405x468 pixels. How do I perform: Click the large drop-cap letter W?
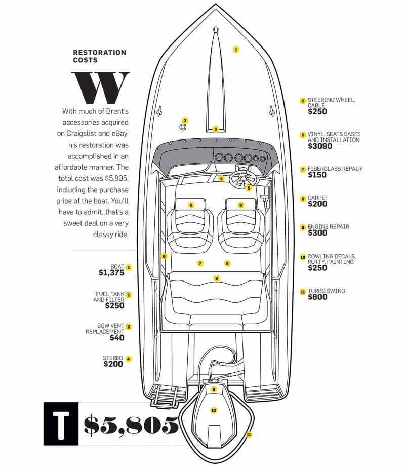[100, 87]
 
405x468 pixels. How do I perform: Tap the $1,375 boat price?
[111, 273]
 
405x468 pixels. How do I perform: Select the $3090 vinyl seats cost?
[320, 146]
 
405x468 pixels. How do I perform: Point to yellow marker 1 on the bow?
[236, 49]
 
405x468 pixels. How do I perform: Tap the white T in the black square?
[61, 424]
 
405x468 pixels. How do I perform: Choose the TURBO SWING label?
[326, 291]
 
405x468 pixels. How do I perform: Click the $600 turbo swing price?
[317, 297]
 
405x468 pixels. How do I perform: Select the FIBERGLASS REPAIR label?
[335, 169]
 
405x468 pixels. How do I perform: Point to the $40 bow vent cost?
[117, 338]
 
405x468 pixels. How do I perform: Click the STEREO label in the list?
[113, 358]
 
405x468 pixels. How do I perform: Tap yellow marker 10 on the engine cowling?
[214, 410]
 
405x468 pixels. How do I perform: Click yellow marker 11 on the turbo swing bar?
[249, 434]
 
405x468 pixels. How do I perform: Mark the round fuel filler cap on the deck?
[183, 127]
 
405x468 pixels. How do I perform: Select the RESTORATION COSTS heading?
[100, 56]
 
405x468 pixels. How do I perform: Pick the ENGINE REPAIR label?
[329, 227]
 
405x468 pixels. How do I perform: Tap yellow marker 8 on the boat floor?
[227, 263]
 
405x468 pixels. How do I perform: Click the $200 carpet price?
[317, 204]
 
